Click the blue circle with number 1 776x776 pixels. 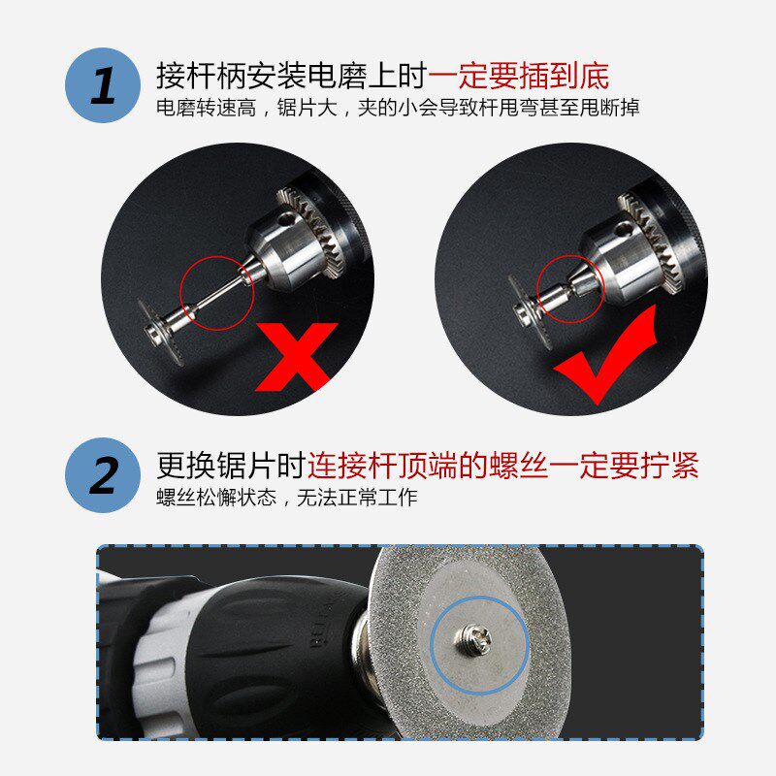(x=102, y=84)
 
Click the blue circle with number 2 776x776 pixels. (x=102, y=474)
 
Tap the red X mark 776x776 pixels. (x=296, y=357)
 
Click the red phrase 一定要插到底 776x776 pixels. (x=519, y=75)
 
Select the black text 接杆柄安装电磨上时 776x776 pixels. (x=291, y=75)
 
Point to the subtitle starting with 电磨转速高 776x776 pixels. (x=398, y=108)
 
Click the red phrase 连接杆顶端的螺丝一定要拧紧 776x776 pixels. (x=503, y=465)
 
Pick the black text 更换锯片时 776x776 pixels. (x=232, y=465)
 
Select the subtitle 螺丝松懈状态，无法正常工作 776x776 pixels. (x=287, y=498)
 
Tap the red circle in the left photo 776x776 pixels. (x=217, y=292)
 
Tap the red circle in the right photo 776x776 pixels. (x=570, y=289)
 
